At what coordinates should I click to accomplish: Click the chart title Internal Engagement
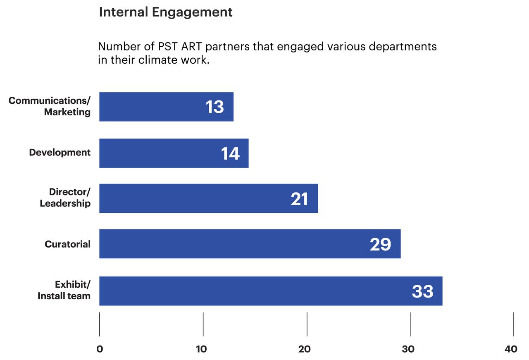click(165, 12)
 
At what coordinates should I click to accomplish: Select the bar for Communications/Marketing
click(166, 107)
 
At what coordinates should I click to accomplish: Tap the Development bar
click(174, 153)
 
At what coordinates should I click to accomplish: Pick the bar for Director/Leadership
click(208, 198)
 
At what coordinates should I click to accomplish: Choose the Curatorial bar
click(250, 244)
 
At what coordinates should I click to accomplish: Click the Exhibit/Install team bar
click(271, 291)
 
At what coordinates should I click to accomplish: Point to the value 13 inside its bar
click(214, 107)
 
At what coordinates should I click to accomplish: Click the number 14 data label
click(230, 154)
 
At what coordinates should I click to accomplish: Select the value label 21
click(299, 199)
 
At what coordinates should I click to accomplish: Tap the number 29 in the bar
click(380, 245)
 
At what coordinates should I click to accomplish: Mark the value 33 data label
click(422, 292)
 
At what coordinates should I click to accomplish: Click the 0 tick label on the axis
click(99, 349)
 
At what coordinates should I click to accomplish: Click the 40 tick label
click(511, 349)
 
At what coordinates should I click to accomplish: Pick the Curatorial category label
click(67, 244)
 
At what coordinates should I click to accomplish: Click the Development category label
click(60, 153)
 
